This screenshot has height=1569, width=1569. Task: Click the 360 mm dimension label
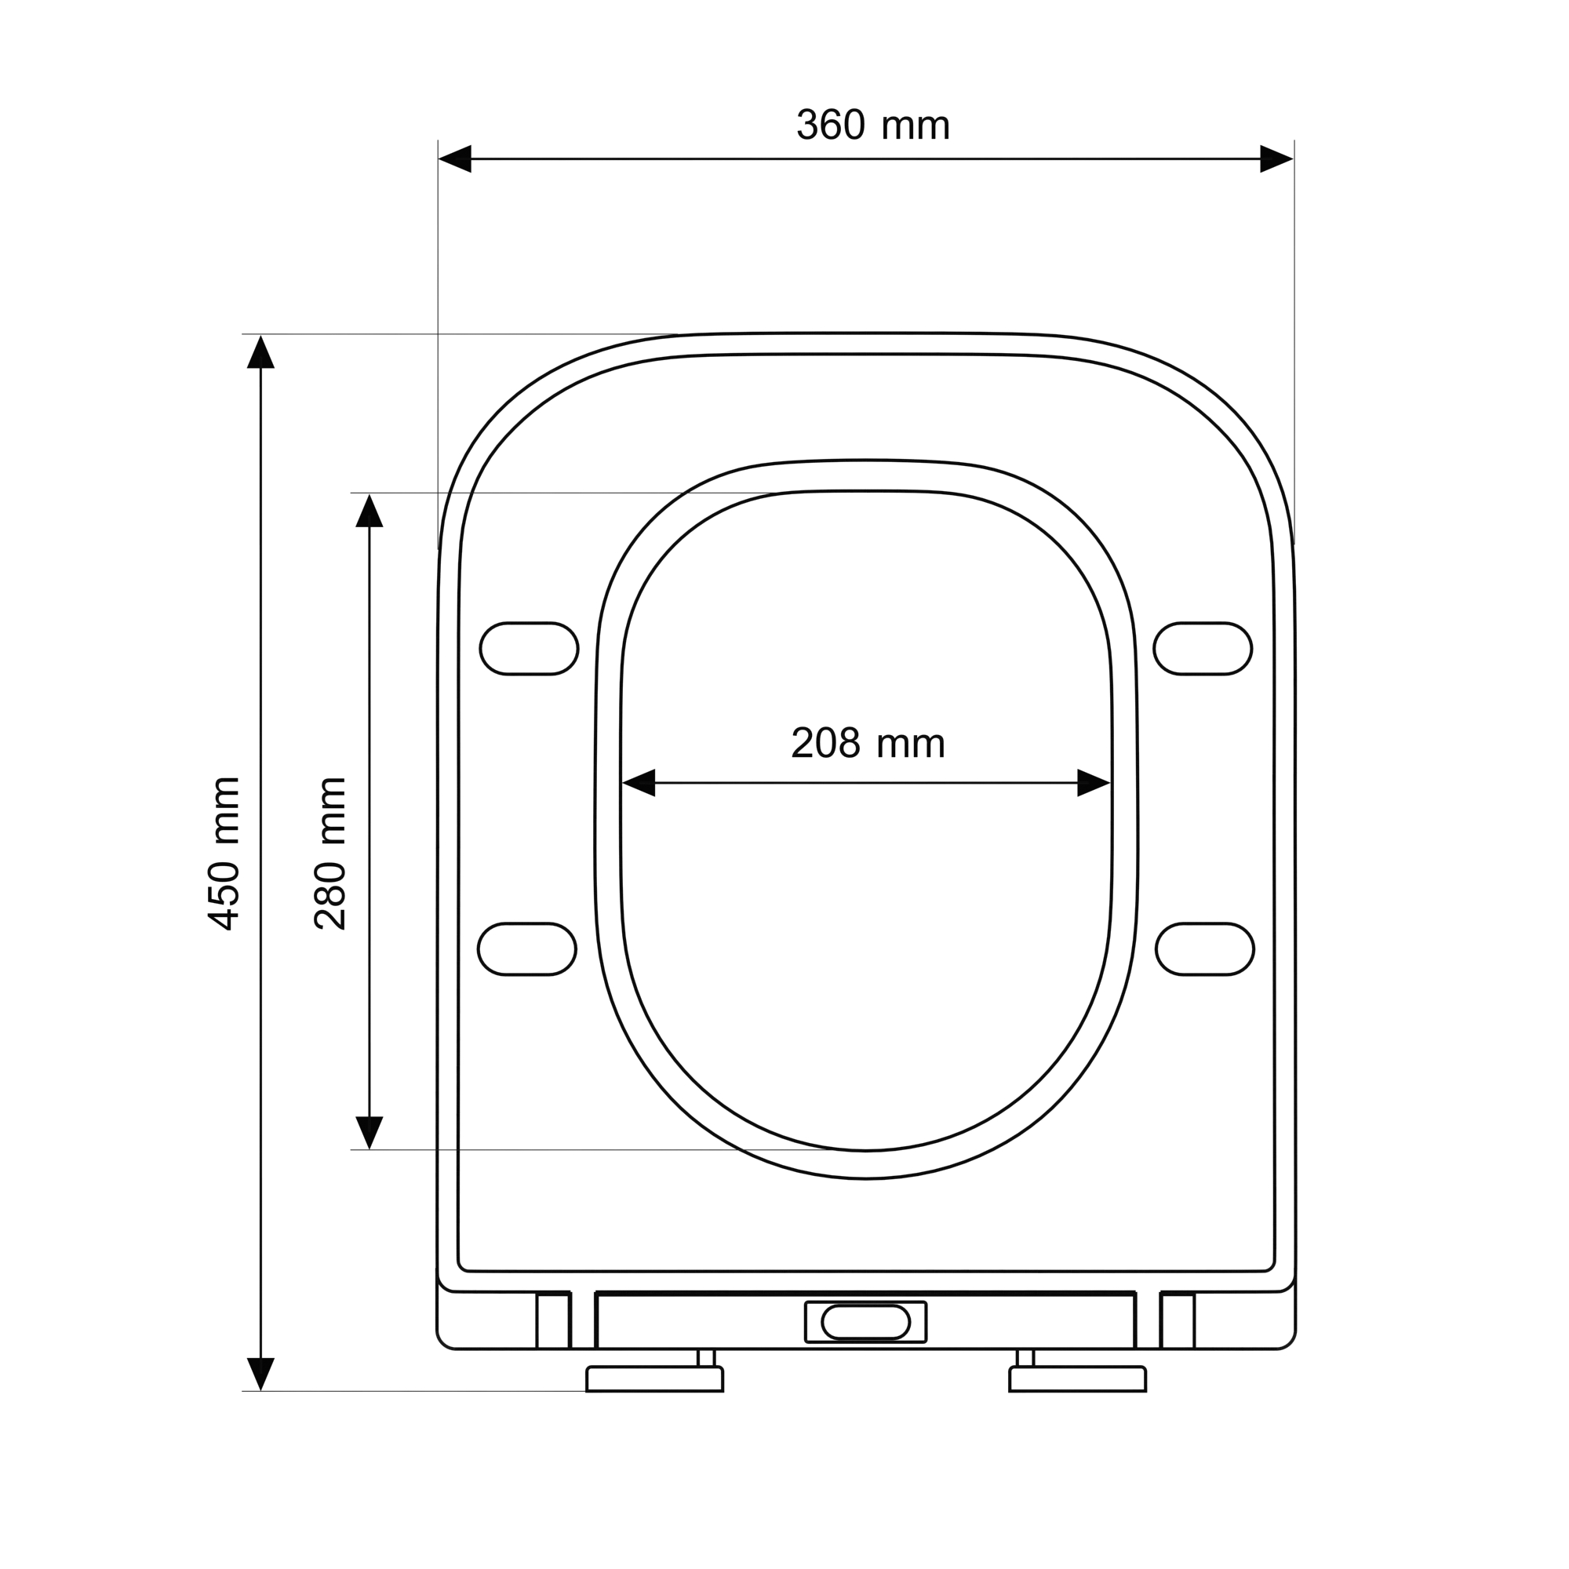click(873, 125)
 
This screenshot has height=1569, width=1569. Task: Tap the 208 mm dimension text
click(868, 743)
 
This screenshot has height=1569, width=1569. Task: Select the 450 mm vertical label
click(224, 854)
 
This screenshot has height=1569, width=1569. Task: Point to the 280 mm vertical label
click(330, 854)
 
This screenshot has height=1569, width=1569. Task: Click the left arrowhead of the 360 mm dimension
click(455, 159)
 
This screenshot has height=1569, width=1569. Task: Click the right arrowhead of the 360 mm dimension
click(1276, 159)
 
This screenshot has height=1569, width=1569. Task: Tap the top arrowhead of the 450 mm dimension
click(260, 351)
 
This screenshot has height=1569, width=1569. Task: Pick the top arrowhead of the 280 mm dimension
click(369, 511)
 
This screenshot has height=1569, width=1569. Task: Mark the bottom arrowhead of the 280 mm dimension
click(369, 1133)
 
